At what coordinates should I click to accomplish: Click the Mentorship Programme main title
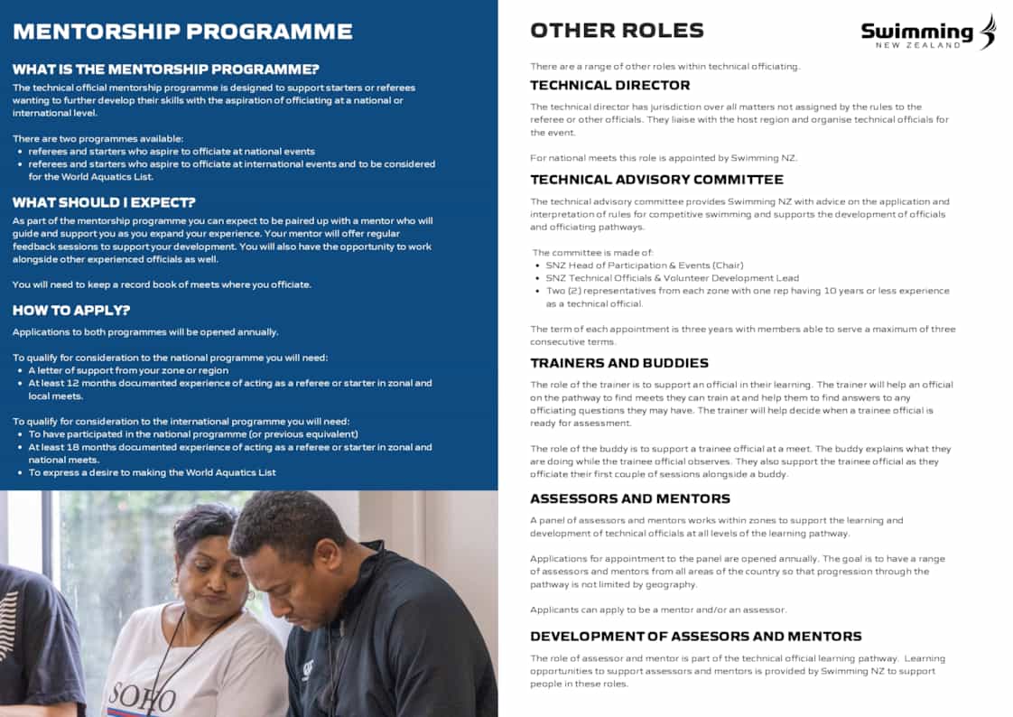[182, 32]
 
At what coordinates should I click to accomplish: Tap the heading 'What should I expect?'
[104, 202]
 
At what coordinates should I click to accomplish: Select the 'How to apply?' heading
[70, 311]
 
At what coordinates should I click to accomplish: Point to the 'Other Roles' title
[617, 31]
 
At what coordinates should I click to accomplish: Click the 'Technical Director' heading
[609, 85]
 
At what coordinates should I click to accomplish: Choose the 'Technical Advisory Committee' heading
[656, 180]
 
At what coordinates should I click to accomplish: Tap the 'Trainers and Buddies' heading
[618, 363]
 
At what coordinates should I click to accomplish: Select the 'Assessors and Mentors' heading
[630, 498]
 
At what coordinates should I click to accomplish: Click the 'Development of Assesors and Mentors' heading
[695, 637]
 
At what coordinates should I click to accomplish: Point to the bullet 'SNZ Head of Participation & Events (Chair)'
[644, 265]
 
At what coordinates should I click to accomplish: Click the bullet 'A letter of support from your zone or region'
[128, 370]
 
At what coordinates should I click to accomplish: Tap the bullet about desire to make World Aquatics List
[152, 472]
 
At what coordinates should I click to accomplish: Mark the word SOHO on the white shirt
[143, 697]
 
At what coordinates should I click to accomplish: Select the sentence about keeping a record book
[162, 284]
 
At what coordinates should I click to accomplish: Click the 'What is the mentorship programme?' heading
[165, 70]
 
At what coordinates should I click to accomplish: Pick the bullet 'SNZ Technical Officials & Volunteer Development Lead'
[672, 278]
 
